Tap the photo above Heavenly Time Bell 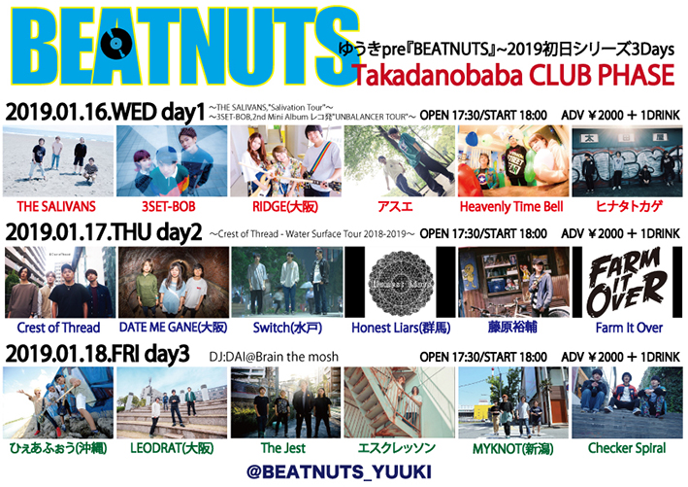tap(513, 160)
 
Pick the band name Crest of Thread tap(58, 329)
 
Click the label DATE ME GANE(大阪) tap(172, 329)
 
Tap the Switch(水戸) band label tap(286, 329)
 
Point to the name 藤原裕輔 tap(513, 329)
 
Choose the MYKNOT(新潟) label tap(513, 450)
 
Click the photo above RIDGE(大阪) tap(286, 160)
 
